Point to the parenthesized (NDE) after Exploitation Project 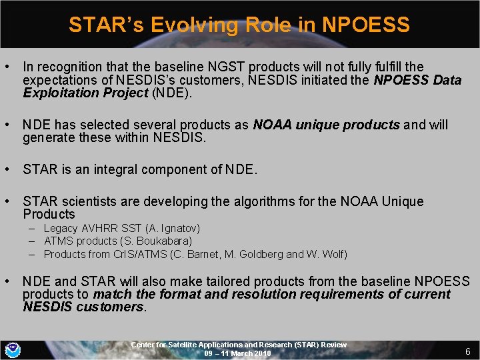tap(172, 93)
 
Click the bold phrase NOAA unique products tap(327, 125)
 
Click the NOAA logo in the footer tap(13, 349)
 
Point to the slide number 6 tap(467, 351)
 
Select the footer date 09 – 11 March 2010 tap(238, 353)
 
